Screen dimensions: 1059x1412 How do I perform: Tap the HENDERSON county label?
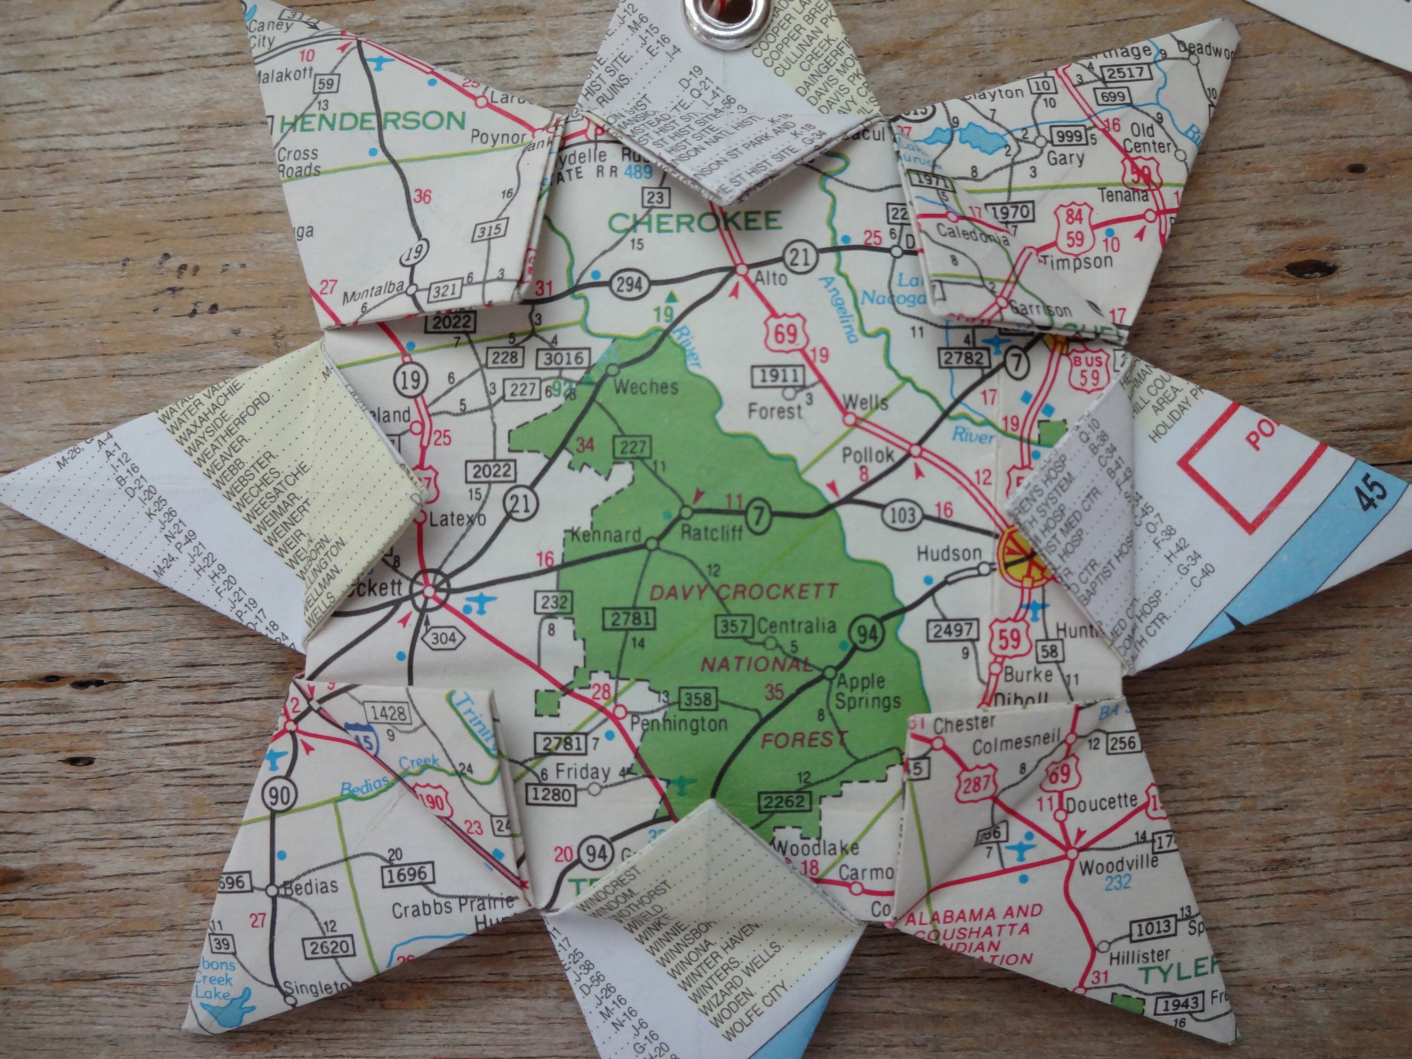point(372,121)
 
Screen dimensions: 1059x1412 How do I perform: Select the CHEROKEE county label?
point(694,222)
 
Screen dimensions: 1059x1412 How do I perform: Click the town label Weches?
point(645,387)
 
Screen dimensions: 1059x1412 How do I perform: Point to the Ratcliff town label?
point(711,532)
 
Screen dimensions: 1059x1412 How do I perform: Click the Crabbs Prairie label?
point(452,907)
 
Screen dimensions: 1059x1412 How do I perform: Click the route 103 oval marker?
point(902,514)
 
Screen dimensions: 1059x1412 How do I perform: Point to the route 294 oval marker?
point(629,284)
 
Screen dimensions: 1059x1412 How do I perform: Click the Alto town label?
point(770,278)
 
